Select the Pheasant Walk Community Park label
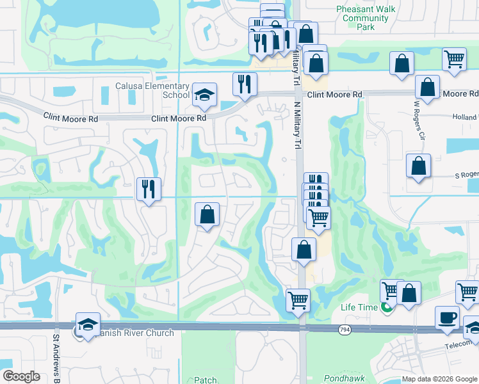tap(365, 18)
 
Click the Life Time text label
tap(359, 308)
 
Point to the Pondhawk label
tap(344, 378)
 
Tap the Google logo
tap(21, 377)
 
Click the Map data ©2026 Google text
tap(439, 379)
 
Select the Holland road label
tap(465, 117)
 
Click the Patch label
tap(206, 380)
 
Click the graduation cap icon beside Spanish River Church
tap(88, 324)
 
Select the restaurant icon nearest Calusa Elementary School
tap(244, 83)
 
